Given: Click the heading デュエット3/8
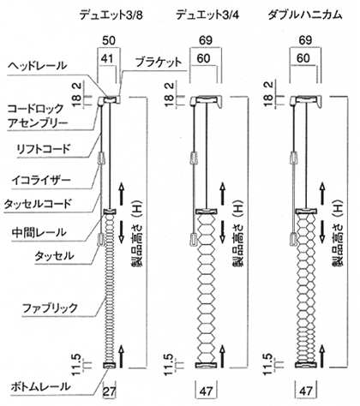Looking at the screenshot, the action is pyautogui.click(x=111, y=15).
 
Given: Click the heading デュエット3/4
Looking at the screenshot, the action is pyautogui.click(x=207, y=15).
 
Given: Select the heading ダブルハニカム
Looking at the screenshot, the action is pyautogui.click(x=304, y=15).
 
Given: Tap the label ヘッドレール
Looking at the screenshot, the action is pyautogui.click(x=37, y=66).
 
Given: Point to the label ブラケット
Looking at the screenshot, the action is pyautogui.click(x=159, y=62).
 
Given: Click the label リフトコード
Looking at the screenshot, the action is pyautogui.click(x=43, y=149).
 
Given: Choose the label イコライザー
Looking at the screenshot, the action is pyautogui.click(x=41, y=180).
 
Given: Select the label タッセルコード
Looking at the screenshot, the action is pyautogui.click(x=37, y=204).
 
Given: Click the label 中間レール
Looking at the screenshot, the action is pyautogui.click(x=39, y=232).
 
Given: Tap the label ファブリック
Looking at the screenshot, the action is pyautogui.click(x=50, y=308).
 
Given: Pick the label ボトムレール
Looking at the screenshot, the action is pyautogui.click(x=40, y=387).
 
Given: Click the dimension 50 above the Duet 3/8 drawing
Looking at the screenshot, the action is pyautogui.click(x=109, y=40).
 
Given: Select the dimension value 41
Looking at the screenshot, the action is pyautogui.click(x=107, y=59).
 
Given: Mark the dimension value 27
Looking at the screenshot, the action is pyautogui.click(x=109, y=391).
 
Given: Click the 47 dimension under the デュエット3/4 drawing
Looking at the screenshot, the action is pyautogui.click(x=206, y=391).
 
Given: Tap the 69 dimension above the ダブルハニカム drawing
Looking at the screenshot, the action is pyautogui.click(x=305, y=40).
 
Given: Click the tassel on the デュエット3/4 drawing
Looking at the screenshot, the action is pyautogui.click(x=194, y=239).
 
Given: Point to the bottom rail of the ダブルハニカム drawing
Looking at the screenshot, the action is pyautogui.click(x=306, y=365).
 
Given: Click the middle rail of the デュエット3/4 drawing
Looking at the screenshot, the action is pyautogui.click(x=206, y=212).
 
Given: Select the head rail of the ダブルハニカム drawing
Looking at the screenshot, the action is pyautogui.click(x=306, y=100).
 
